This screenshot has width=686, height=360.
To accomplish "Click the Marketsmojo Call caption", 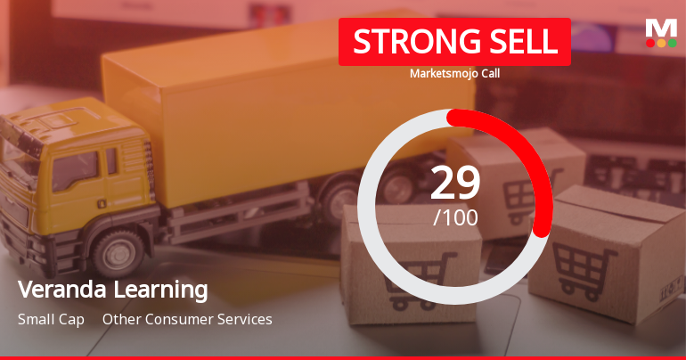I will pos(454,74).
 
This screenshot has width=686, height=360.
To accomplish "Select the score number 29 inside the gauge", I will pos(455,182).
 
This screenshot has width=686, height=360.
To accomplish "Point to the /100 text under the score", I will pos(455,217).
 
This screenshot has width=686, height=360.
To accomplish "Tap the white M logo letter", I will pos(661,28).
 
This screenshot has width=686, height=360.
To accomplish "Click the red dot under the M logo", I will pos(650,43).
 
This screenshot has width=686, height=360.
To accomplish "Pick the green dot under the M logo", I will pos(672,43).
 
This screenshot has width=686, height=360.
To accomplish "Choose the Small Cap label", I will pos(51,319).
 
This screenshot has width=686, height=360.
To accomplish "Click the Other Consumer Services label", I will pos(187,319).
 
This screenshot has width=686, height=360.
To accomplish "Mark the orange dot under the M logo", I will pos(661,43).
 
